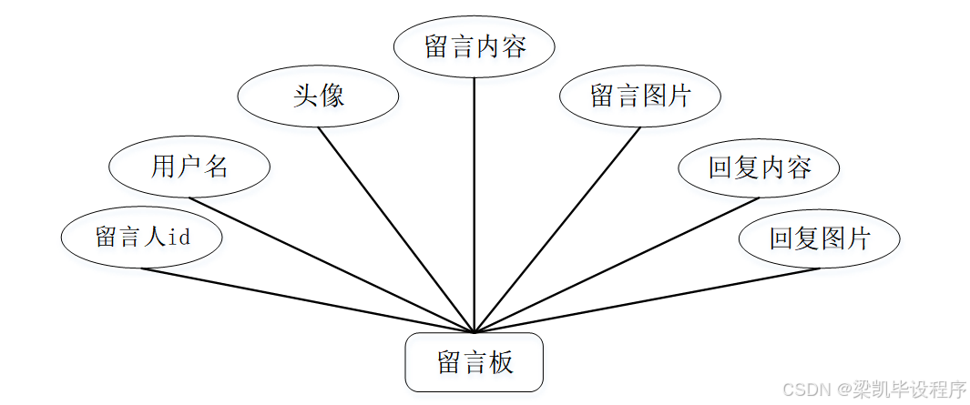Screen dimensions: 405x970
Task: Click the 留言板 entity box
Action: click(474, 362)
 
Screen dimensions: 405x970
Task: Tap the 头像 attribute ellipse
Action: click(318, 96)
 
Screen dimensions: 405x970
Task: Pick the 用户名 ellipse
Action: click(189, 167)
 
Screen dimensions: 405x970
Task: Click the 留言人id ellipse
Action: click(142, 238)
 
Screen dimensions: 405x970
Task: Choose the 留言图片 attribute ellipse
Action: click(640, 96)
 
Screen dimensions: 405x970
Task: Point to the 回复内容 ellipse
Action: click(759, 167)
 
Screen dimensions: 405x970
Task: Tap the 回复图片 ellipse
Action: click(820, 238)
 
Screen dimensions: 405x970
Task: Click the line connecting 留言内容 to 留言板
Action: click(475, 200)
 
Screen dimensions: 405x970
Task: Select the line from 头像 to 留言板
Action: click(396, 228)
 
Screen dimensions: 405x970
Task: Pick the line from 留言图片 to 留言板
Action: click(557, 228)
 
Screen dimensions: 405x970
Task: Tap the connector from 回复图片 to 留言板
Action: click(647, 299)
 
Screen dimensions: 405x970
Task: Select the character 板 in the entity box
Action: click(500, 362)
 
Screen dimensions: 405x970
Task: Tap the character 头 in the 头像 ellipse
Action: click(304, 96)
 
